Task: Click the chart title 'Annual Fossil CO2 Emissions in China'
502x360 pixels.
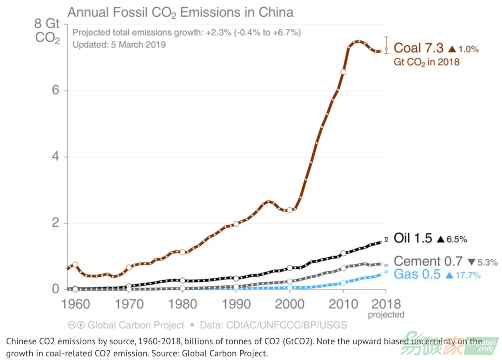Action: tap(181, 12)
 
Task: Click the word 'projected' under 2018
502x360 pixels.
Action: tap(386, 315)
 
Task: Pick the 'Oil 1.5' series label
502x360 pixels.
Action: tap(413, 239)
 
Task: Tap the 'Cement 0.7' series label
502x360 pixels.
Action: tap(428, 262)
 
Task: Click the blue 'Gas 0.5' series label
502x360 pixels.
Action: tap(416, 275)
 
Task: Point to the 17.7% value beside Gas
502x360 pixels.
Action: tap(467, 275)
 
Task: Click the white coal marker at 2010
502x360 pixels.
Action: tap(343, 72)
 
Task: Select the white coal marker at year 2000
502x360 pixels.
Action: tap(290, 210)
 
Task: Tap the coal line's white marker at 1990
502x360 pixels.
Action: tap(236, 224)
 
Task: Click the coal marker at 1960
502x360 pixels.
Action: tap(75, 264)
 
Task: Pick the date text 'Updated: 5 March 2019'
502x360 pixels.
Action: tap(119, 45)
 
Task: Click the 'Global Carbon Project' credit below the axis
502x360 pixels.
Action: tap(136, 325)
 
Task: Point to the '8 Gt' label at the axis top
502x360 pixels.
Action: tap(47, 23)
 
